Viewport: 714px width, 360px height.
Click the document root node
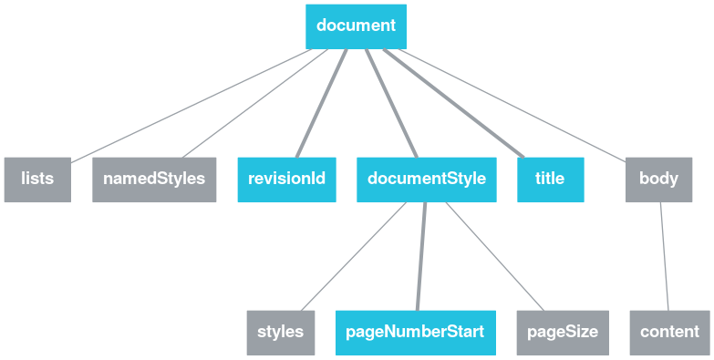pyautogui.click(x=356, y=26)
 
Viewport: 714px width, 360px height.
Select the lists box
pyautogui.click(x=37, y=179)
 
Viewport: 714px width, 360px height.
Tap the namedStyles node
pyautogui.click(x=154, y=179)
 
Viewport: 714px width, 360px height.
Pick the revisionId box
pyautogui.click(x=287, y=179)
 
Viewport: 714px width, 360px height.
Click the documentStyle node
pyautogui.click(x=426, y=179)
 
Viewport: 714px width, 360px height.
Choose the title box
pyautogui.click(x=550, y=179)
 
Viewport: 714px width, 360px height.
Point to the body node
pyautogui.click(x=658, y=179)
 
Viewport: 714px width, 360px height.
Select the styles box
pyautogui.click(x=280, y=332)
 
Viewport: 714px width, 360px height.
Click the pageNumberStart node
pyautogui.click(x=415, y=332)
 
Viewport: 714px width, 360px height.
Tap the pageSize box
pyautogui.click(x=563, y=332)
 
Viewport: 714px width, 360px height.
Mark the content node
pyautogui.click(x=669, y=332)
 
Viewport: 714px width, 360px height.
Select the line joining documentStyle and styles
pyautogui.click(x=354, y=255)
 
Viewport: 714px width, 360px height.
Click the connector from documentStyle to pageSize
pyautogui.click(x=494, y=255)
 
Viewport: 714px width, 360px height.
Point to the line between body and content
pyautogui.click(x=664, y=255)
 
